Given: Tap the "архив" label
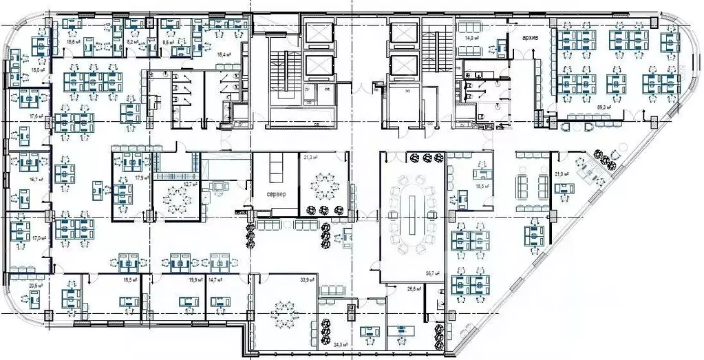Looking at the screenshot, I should click(x=531, y=36).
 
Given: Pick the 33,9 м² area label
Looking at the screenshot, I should click(x=307, y=280).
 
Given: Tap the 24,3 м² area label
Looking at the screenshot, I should click(x=340, y=344).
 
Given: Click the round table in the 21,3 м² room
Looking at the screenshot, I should click(x=322, y=184).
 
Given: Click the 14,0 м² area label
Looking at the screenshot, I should click(x=471, y=39).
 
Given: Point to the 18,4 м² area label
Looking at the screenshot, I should click(x=224, y=54).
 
